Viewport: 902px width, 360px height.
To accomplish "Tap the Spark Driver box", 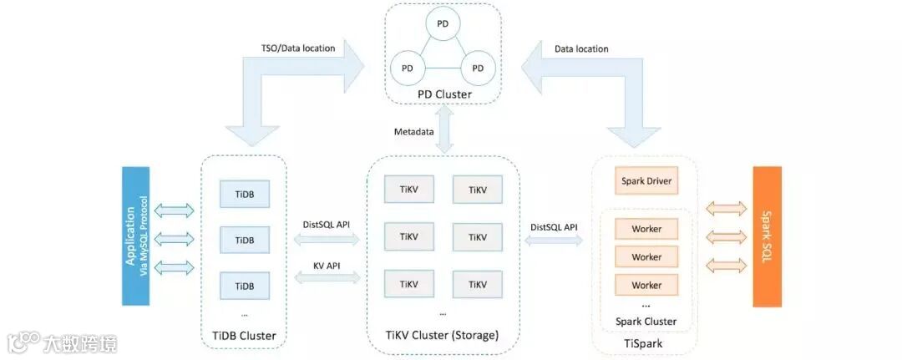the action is click(x=646, y=181).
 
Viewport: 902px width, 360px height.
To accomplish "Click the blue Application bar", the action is click(x=136, y=236).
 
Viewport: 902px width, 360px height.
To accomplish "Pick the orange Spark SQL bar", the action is click(x=768, y=236).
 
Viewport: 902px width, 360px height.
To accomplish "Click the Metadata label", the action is click(x=413, y=132).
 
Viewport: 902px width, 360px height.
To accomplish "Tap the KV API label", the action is click(x=327, y=266).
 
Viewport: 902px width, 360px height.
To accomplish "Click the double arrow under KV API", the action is click(x=327, y=279).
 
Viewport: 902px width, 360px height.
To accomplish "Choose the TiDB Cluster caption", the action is click(x=243, y=336).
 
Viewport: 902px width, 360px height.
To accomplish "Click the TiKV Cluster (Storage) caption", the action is click(x=443, y=335).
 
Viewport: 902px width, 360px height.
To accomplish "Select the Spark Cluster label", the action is click(x=646, y=322).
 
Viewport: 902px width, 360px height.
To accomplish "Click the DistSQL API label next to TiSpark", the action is click(x=553, y=227).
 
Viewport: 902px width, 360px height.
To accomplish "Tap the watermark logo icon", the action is click(x=23, y=342).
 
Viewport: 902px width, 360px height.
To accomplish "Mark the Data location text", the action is click(x=581, y=49).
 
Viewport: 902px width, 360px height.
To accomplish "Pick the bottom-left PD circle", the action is click(x=408, y=68).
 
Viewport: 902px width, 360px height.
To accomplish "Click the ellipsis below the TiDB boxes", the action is click(x=245, y=314).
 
